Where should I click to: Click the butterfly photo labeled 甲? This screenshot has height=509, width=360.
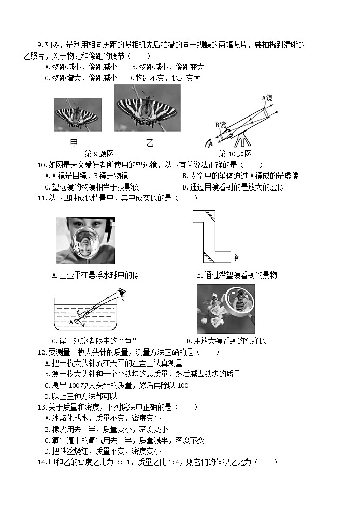click(77, 114)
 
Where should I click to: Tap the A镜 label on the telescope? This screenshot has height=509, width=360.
click(267, 97)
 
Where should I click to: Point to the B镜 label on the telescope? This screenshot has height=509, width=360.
click(220, 125)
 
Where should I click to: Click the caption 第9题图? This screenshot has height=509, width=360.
click(99, 154)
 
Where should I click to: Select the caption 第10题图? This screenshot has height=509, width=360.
click(235, 154)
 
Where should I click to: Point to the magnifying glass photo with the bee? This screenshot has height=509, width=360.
click(225, 309)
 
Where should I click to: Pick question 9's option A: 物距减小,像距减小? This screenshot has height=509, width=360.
click(81, 67)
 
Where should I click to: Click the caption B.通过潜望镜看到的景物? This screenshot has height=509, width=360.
click(237, 275)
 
